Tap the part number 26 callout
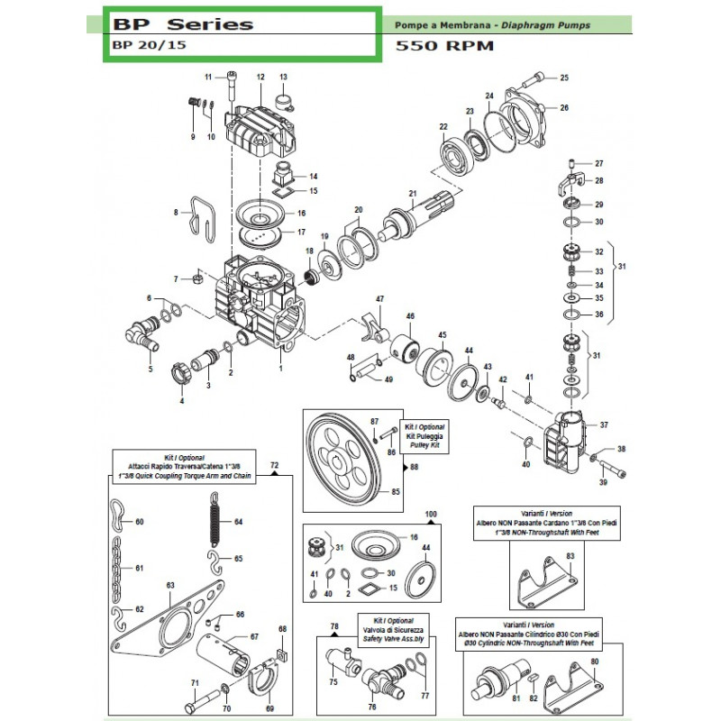[x=564, y=108]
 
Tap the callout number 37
[x=604, y=425]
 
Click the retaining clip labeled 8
[x=205, y=220]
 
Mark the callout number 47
[x=379, y=298]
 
